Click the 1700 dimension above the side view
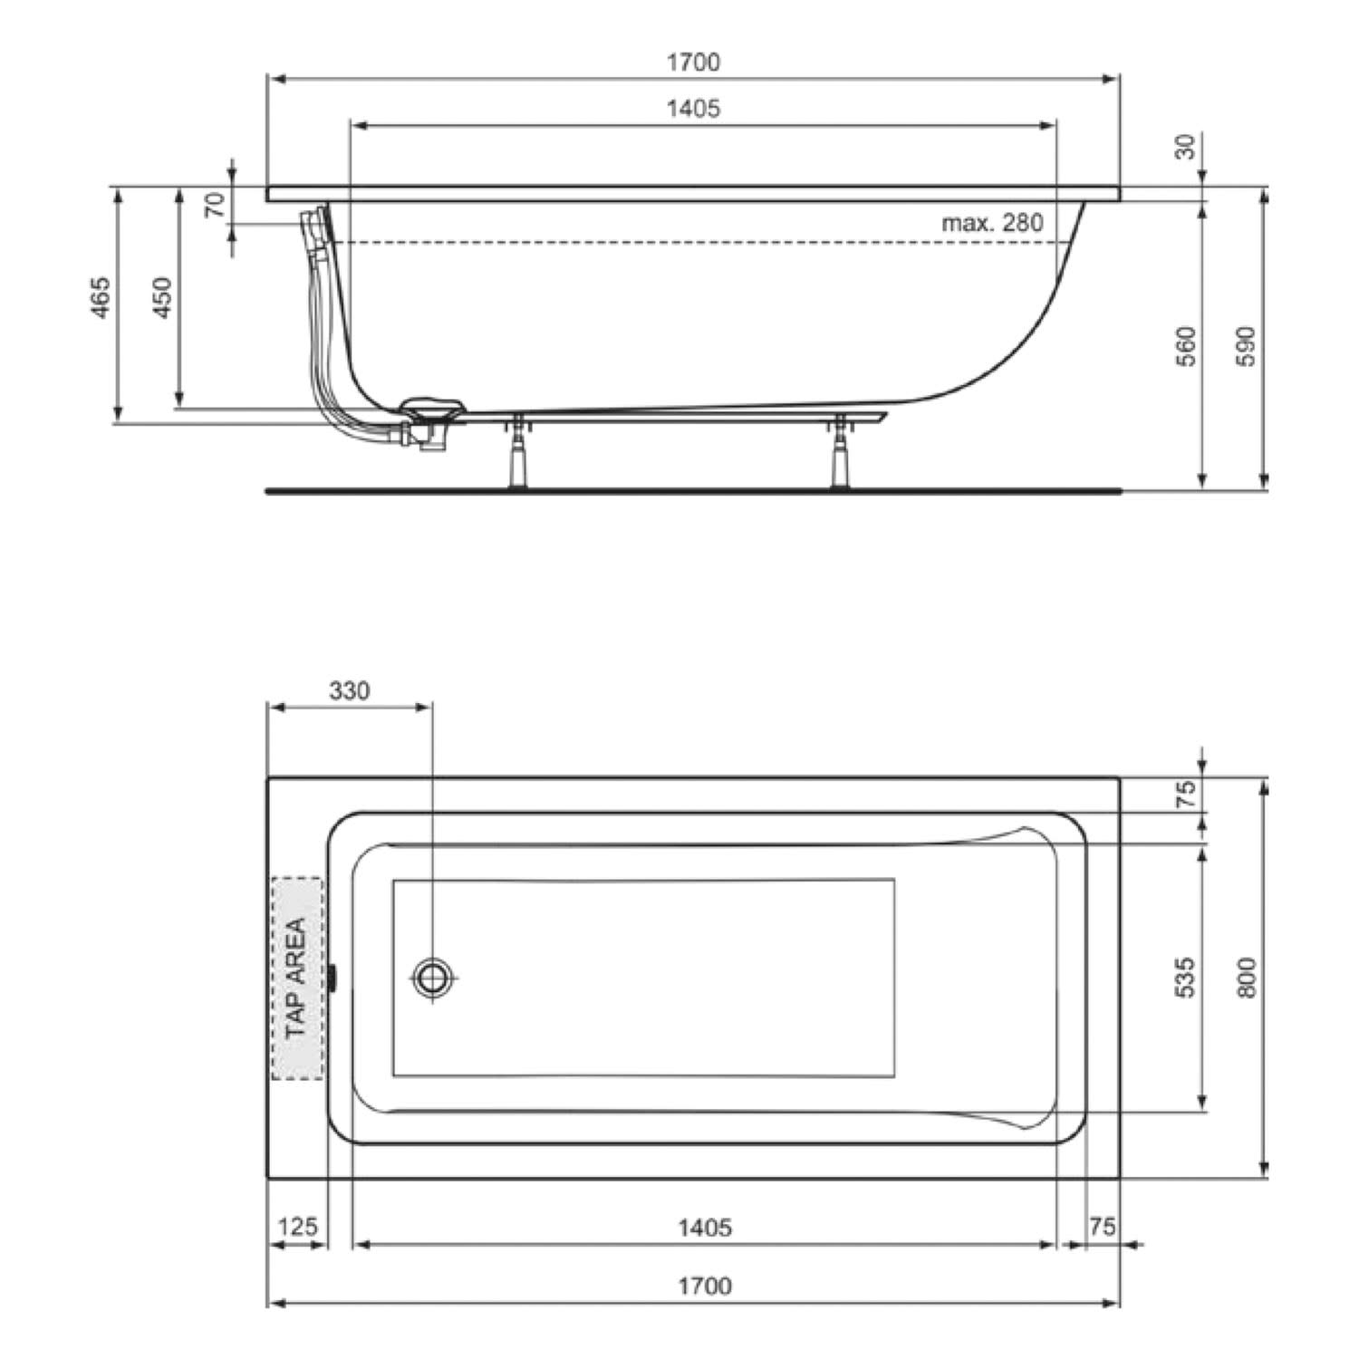point(693,63)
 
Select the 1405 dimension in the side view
point(693,109)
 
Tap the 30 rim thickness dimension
point(1186,146)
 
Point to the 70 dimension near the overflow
point(215,205)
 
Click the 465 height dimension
point(101,297)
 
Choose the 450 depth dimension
point(162,297)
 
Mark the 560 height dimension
point(1186,345)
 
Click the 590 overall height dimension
point(1248,345)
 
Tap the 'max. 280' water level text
point(992,223)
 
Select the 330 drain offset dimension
point(349,691)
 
